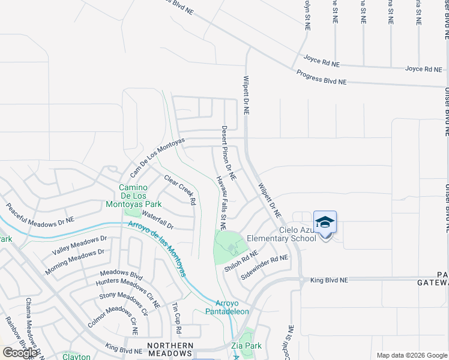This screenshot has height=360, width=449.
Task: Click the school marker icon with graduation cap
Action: [325, 223]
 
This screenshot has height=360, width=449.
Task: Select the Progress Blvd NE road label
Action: [322, 77]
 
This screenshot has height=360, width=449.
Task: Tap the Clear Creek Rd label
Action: [180, 190]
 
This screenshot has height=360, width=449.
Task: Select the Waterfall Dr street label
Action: [157, 227]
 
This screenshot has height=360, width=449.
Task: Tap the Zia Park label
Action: [246, 346]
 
